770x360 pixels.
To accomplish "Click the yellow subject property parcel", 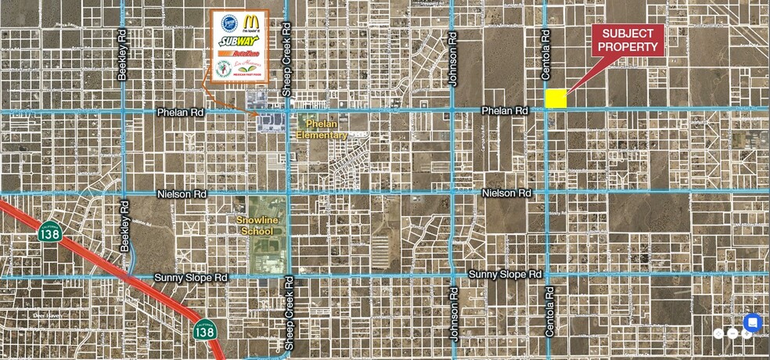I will [x=556, y=98].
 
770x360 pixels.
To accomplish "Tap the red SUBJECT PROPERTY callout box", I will [x=628, y=40].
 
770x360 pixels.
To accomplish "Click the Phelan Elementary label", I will [x=321, y=129].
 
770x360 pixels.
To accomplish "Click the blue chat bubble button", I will [x=752, y=322].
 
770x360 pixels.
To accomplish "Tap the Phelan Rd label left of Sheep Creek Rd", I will [x=180, y=113].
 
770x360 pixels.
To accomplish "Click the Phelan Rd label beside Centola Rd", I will [x=505, y=111].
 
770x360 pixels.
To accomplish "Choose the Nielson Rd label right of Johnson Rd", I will [x=506, y=193].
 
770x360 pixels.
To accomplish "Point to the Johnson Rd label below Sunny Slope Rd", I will [x=453, y=315].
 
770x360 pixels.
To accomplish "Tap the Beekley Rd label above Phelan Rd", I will [x=122, y=55].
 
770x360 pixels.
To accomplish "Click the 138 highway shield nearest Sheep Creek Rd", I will [x=204, y=332].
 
